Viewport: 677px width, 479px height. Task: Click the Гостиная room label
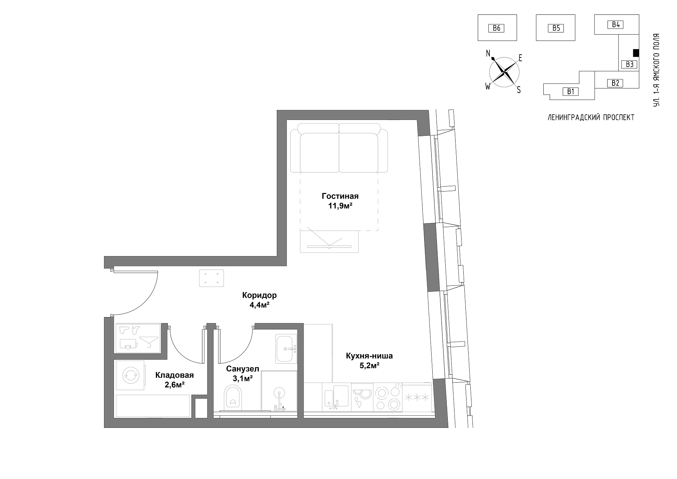(x=340, y=196)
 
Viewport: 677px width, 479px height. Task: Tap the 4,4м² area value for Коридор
(x=260, y=305)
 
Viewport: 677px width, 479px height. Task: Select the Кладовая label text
(x=175, y=375)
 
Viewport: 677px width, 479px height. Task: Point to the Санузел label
(x=243, y=369)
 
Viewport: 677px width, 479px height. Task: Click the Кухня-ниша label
(x=369, y=356)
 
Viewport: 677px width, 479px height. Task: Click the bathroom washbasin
(x=286, y=349)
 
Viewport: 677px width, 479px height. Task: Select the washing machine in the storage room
(x=130, y=375)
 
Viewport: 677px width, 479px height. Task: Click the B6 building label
(x=496, y=28)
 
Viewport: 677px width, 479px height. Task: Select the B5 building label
(x=556, y=28)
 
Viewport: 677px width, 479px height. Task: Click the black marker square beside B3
(x=636, y=53)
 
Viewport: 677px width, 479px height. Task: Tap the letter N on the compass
(x=488, y=53)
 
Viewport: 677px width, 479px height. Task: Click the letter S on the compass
(x=519, y=90)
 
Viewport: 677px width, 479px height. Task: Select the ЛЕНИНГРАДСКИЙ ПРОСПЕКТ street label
(x=591, y=118)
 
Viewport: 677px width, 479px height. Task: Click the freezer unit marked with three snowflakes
(x=417, y=398)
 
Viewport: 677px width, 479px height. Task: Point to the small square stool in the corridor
(x=211, y=278)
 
